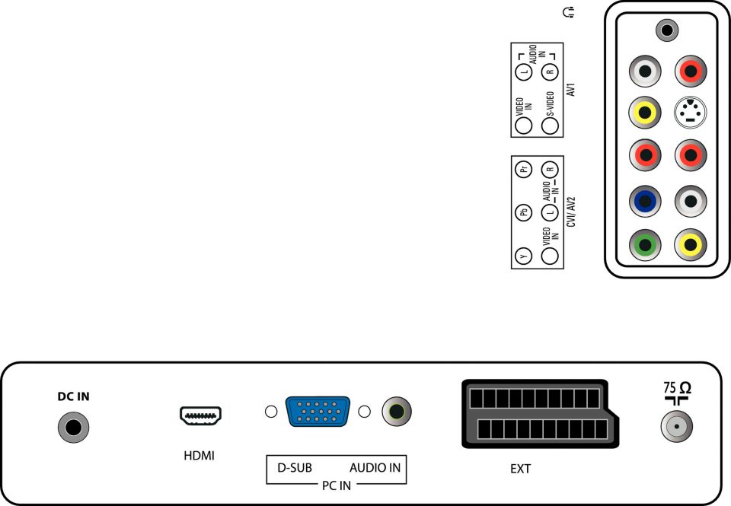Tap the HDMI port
pyautogui.click(x=200, y=415)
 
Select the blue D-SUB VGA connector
pyautogui.click(x=318, y=412)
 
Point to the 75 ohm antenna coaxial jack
pyautogui.click(x=675, y=428)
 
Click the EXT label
pyautogui.click(x=520, y=469)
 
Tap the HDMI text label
pyautogui.click(x=200, y=457)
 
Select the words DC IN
pyautogui.click(x=74, y=396)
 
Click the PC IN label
pyautogui.click(x=335, y=485)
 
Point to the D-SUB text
pyautogui.click(x=294, y=467)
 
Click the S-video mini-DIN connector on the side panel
pyautogui.click(x=690, y=114)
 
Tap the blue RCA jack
pyautogui.click(x=646, y=202)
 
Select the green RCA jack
pyautogui.click(x=646, y=246)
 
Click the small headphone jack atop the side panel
pyautogui.click(x=668, y=30)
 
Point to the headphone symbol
pyautogui.click(x=567, y=12)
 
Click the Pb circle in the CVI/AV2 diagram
pyautogui.click(x=523, y=212)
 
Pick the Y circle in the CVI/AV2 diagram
pyautogui.click(x=522, y=256)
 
